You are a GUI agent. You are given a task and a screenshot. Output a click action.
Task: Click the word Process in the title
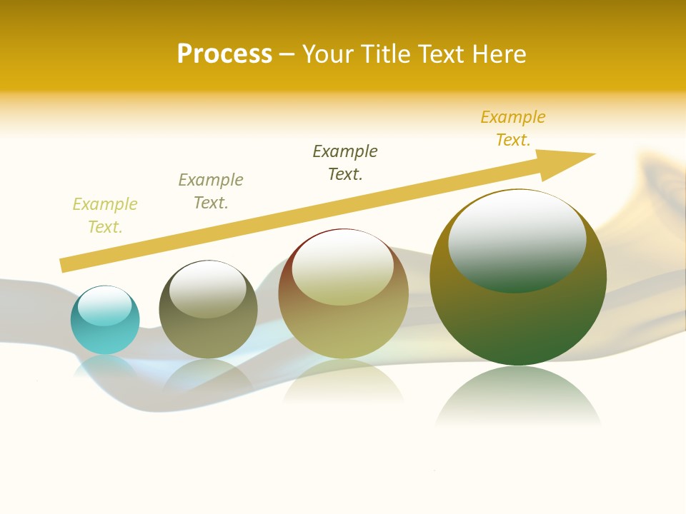click(x=224, y=54)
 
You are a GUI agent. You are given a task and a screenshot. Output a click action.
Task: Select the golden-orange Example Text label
click(x=513, y=128)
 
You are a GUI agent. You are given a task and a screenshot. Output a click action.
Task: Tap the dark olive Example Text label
click(x=345, y=163)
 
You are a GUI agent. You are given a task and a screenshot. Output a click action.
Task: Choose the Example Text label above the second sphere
click(x=211, y=191)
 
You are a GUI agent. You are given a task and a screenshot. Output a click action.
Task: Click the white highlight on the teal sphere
click(x=105, y=306)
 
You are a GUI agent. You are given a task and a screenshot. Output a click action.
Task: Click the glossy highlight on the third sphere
click(x=343, y=268)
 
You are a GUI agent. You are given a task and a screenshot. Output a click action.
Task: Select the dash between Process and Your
click(x=287, y=54)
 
